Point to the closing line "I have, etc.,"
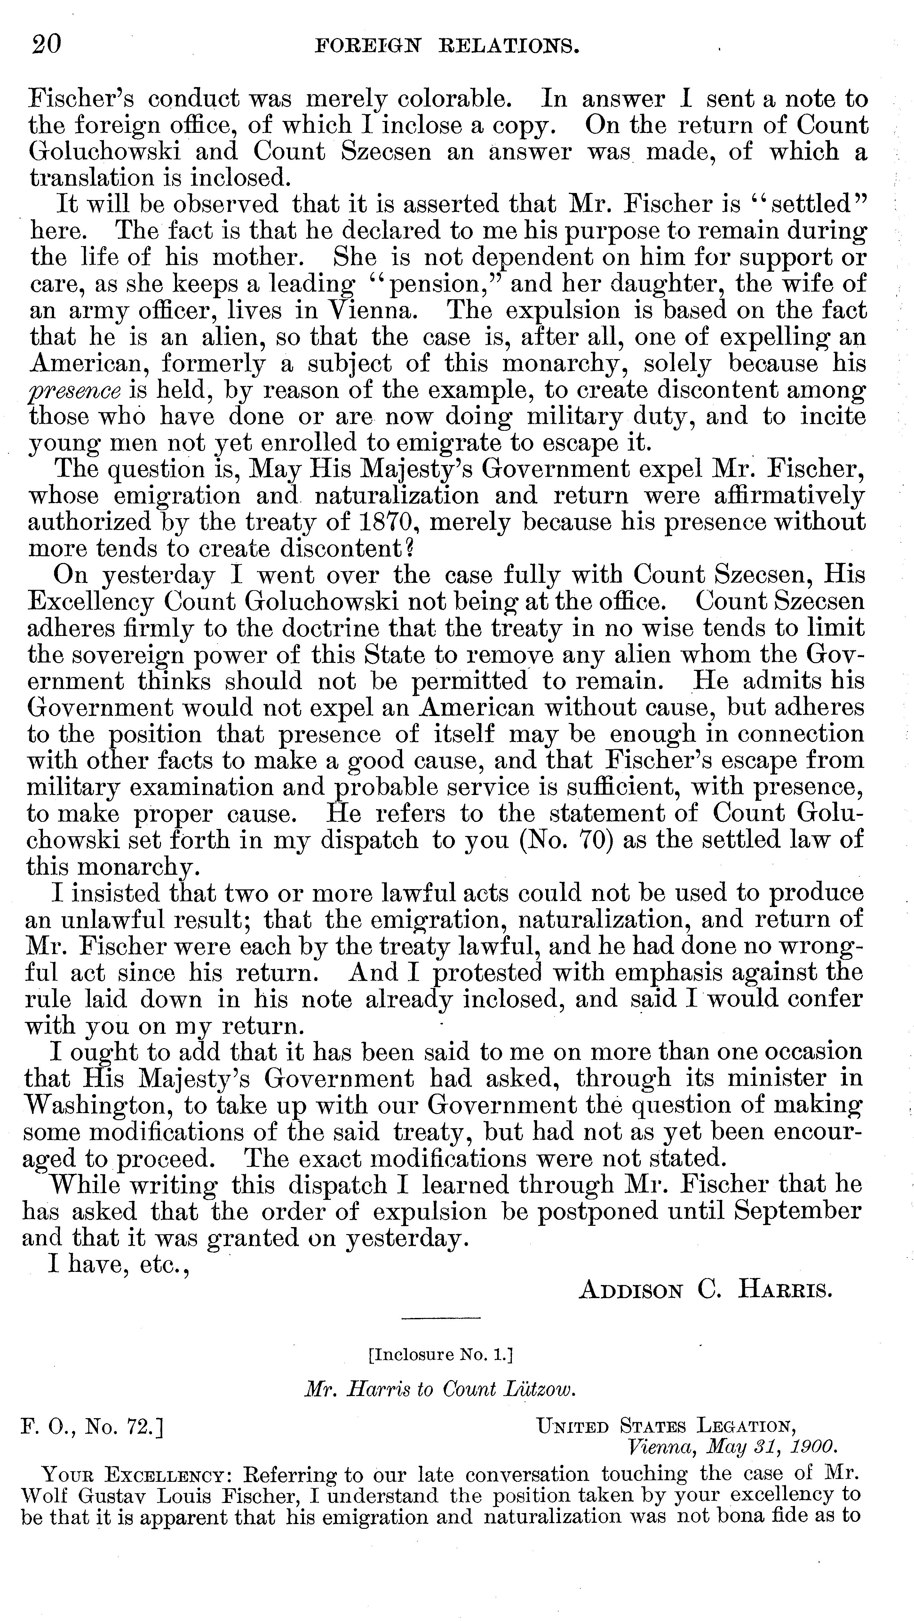click(x=120, y=1265)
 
